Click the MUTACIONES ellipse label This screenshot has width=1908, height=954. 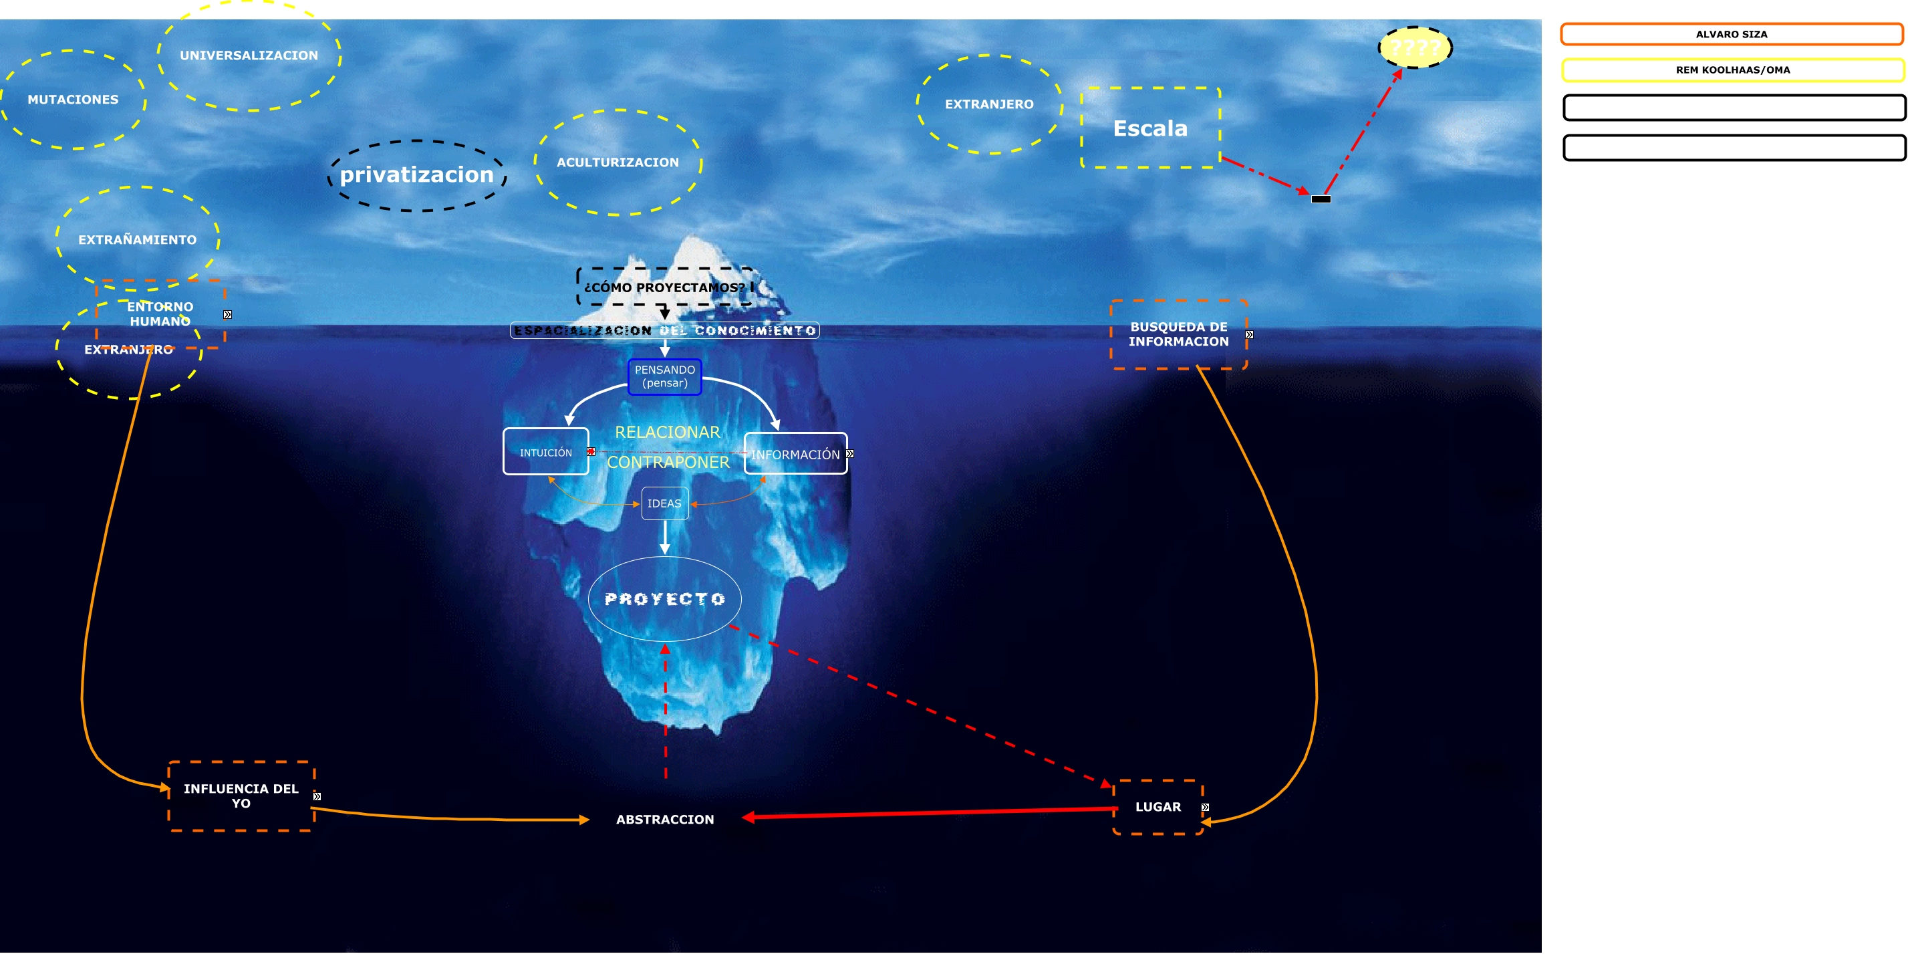pyautogui.click(x=73, y=99)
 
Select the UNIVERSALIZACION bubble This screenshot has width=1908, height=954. pyautogui.click(x=249, y=55)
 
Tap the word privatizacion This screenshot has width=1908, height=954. pyautogui.click(x=416, y=174)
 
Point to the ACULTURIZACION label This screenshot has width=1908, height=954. pyautogui.click(x=618, y=162)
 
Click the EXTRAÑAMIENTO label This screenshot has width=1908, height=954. pyautogui.click(x=138, y=240)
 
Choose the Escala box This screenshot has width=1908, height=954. pyautogui.click(x=1150, y=128)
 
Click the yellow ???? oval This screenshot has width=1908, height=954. pyautogui.click(x=1415, y=48)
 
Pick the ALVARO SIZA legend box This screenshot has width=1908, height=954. pyautogui.click(x=1732, y=34)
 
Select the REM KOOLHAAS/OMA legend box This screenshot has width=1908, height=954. pyautogui.click(x=1732, y=70)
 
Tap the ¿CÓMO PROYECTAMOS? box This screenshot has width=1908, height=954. pyautogui.click(x=664, y=287)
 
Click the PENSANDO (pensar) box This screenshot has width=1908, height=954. pyautogui.click(x=664, y=376)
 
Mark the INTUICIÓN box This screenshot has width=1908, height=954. pyautogui.click(x=546, y=453)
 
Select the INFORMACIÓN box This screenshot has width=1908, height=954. pyautogui.click(x=795, y=454)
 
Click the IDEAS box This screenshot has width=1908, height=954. pyautogui.click(x=664, y=503)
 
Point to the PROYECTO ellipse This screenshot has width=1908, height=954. pyautogui.click(x=664, y=598)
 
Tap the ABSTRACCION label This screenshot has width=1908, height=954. pyautogui.click(x=665, y=819)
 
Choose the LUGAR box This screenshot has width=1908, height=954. pyautogui.click(x=1157, y=807)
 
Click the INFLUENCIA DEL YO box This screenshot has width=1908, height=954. pyautogui.click(x=241, y=796)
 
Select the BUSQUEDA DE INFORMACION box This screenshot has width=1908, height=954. pyautogui.click(x=1178, y=334)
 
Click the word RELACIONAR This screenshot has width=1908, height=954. pyautogui.click(x=668, y=432)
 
